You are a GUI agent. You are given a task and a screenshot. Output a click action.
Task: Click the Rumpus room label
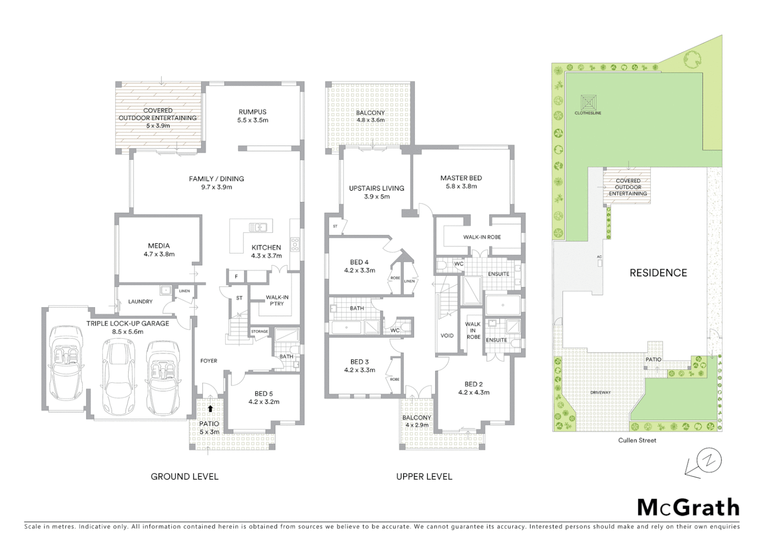(x=252, y=112)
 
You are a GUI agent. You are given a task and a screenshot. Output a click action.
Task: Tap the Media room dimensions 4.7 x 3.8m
(x=159, y=254)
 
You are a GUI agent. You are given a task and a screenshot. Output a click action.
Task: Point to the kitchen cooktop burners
(x=295, y=244)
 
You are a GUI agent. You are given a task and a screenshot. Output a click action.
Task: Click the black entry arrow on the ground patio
(x=210, y=409)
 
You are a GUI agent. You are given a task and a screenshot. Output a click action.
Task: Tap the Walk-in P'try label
(x=277, y=300)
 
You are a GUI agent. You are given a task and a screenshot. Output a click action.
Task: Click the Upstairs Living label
(x=376, y=188)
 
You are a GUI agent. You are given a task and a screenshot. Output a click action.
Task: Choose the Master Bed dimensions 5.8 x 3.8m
(x=461, y=186)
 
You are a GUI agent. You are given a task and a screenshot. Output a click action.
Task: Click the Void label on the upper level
(x=447, y=336)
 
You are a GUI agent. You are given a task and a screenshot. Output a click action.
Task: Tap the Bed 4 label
(x=359, y=262)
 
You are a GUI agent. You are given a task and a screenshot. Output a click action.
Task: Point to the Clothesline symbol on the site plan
(x=588, y=103)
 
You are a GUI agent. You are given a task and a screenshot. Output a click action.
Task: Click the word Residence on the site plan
(x=658, y=273)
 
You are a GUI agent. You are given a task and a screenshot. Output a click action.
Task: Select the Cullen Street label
(x=637, y=440)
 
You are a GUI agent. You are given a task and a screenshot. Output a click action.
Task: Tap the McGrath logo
(x=688, y=507)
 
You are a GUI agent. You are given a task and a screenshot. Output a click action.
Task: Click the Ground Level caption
(x=184, y=476)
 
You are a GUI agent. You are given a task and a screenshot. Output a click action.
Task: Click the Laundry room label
(x=140, y=302)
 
